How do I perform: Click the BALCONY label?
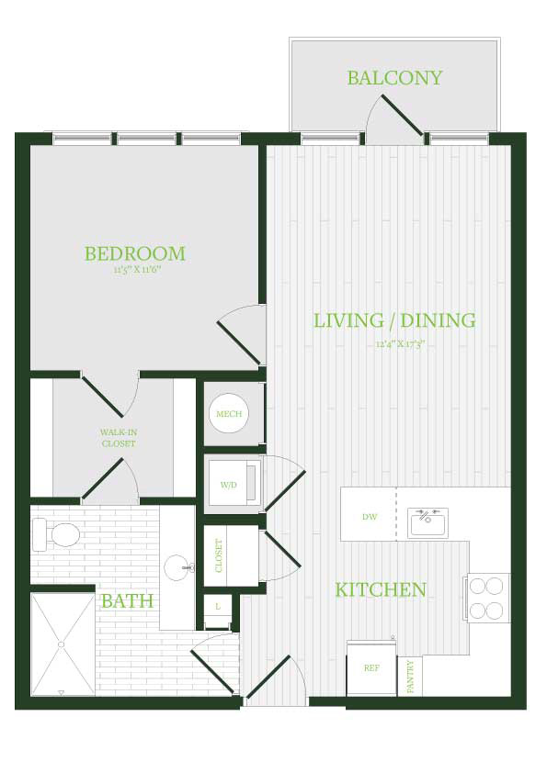tap(394, 78)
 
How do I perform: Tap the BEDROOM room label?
tap(135, 253)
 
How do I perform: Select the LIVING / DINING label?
tap(395, 320)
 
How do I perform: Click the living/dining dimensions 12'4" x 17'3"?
tap(401, 344)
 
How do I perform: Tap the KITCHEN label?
tap(381, 589)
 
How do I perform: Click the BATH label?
tap(127, 601)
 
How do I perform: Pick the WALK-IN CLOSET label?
tap(119, 438)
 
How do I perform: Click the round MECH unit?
tap(229, 414)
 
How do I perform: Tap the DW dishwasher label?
tap(370, 517)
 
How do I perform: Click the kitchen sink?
tap(428, 522)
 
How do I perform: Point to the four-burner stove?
tap(487, 598)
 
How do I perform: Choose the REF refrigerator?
tap(371, 667)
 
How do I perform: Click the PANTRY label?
tap(411, 677)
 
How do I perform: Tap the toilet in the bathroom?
tap(56, 534)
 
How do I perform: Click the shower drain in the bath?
tap(62, 644)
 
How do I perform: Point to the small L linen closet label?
tap(218, 607)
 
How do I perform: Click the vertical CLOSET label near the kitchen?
tap(219, 555)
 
